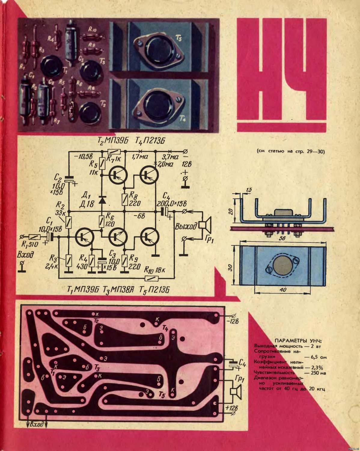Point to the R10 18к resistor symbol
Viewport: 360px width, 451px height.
point(151,278)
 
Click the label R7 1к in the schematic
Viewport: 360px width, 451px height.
point(113,158)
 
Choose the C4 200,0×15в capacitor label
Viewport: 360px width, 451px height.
point(170,200)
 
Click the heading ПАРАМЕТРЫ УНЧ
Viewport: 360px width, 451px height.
point(298,341)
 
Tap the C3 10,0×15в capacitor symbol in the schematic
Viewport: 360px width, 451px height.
point(102,261)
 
